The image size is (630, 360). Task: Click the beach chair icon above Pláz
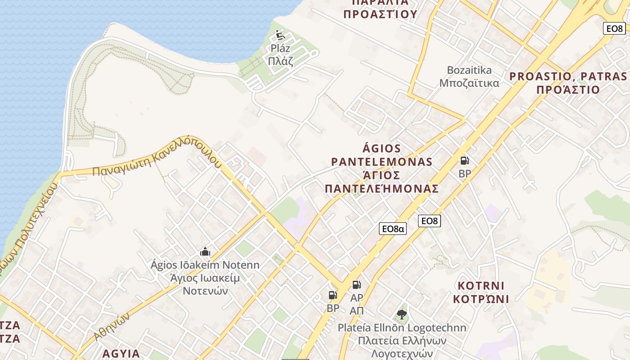[280, 34]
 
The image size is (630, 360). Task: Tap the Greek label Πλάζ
[280, 60]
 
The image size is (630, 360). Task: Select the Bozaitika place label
[469, 70]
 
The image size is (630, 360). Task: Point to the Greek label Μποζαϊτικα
[469, 83]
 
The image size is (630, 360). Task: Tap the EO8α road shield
[393, 229]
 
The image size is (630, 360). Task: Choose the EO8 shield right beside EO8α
[429, 221]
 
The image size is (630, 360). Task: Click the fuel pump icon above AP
[356, 284]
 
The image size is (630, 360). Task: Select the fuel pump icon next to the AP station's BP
[333, 295]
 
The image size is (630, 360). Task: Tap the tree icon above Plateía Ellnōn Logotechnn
[402, 315]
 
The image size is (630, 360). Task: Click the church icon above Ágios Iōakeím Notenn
[205, 252]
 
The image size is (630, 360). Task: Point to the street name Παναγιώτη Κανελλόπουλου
[157, 156]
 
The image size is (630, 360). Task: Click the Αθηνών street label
[112, 326]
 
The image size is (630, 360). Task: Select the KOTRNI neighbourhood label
[481, 286]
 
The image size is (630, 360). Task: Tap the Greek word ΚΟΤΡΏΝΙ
[481, 299]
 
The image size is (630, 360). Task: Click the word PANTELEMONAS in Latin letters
[382, 162]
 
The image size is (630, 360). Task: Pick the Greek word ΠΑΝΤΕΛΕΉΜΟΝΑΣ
[382, 189]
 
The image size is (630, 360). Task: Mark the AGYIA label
[121, 353]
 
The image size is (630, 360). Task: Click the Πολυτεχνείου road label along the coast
[31, 225]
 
